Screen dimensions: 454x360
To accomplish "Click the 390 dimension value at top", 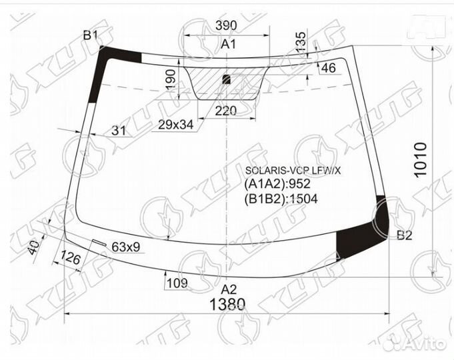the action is click(x=226, y=26).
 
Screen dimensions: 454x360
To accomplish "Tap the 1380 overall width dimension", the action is click(x=227, y=305).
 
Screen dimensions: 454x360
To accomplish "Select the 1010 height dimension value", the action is click(x=421, y=159).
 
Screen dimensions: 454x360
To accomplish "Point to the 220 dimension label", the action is click(x=226, y=111).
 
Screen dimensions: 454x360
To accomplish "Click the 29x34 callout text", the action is click(x=176, y=125).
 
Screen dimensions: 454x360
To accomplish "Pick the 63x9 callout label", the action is click(x=125, y=247).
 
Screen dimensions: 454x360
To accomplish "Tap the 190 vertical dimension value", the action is click(x=171, y=79).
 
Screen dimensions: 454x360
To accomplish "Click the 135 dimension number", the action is click(x=301, y=43).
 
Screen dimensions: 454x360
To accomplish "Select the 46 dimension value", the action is click(x=329, y=68).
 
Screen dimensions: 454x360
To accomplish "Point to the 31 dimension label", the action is click(x=119, y=130).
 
